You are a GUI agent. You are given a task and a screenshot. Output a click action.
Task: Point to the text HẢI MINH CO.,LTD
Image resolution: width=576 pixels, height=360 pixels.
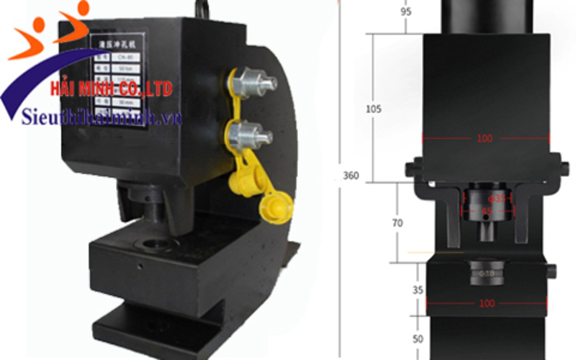pos(111,89)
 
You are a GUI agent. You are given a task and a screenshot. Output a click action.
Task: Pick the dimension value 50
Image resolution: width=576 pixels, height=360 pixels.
pos(397,338)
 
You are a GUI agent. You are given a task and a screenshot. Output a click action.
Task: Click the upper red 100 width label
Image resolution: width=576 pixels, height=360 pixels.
pos(485,138)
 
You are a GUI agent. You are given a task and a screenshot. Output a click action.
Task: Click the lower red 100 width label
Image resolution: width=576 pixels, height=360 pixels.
pos(487,303)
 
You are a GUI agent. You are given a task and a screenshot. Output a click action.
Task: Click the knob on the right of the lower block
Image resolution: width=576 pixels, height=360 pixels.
pos(551,271)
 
